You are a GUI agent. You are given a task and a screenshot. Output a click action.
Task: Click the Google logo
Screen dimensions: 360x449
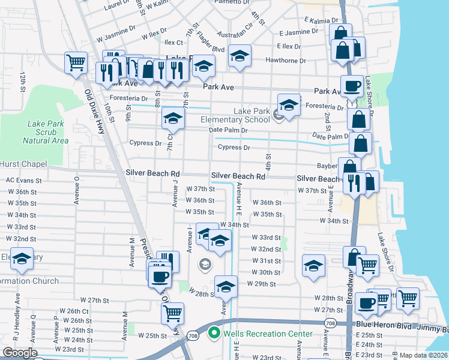[20, 353]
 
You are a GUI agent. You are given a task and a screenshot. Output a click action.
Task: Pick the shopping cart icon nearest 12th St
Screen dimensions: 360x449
[76, 62]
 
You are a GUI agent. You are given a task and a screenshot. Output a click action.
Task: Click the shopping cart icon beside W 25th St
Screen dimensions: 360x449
[173, 313]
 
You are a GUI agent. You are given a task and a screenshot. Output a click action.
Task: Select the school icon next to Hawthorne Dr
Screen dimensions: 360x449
[240, 56]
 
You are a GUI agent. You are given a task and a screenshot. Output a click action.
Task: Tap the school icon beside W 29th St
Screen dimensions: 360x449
[226, 286]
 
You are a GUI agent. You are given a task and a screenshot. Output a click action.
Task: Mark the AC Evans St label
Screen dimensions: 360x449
[23, 180]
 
